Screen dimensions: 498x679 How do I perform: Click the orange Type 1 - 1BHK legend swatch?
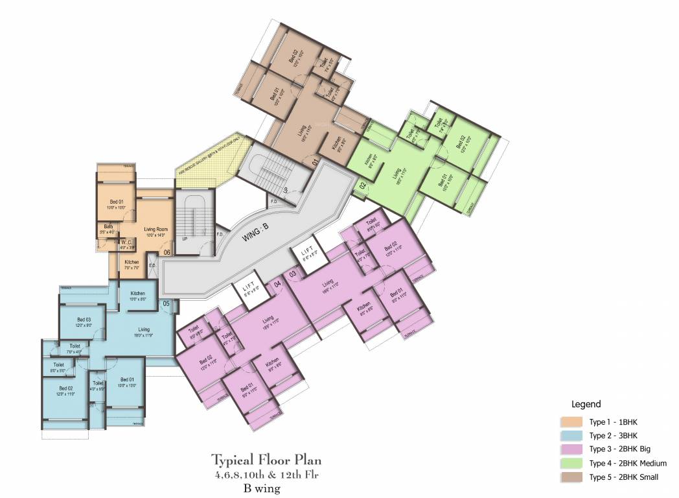click(574, 422)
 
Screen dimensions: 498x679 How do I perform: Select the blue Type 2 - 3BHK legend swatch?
click(574, 436)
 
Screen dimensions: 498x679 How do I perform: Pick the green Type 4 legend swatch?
click(574, 464)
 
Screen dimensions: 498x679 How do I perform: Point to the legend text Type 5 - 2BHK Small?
click(624, 478)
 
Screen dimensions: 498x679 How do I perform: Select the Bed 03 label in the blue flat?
click(84, 320)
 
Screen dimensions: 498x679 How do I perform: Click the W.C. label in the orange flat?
click(126, 243)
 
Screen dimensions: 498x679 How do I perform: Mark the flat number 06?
click(167, 252)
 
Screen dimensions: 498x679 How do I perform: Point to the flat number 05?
click(166, 303)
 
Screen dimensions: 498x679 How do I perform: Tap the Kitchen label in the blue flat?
click(137, 293)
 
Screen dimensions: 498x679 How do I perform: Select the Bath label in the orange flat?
click(108, 226)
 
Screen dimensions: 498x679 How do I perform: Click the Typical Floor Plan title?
click(266, 460)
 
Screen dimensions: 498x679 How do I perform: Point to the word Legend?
click(586, 404)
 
